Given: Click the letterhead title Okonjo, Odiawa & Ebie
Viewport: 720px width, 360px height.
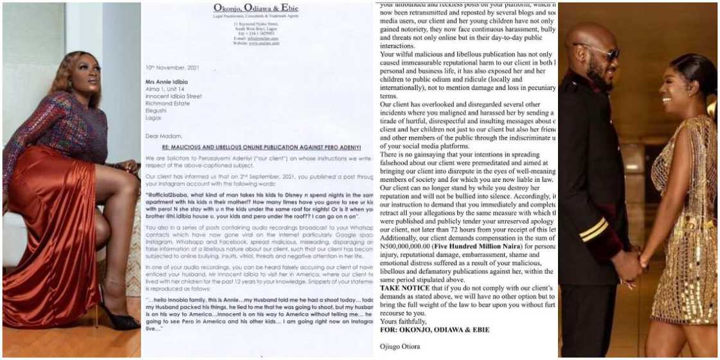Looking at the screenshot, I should click(255, 8).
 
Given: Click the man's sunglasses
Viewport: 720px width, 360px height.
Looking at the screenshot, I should click(602, 52).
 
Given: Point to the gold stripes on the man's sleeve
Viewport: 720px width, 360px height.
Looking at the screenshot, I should click(594, 228).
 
